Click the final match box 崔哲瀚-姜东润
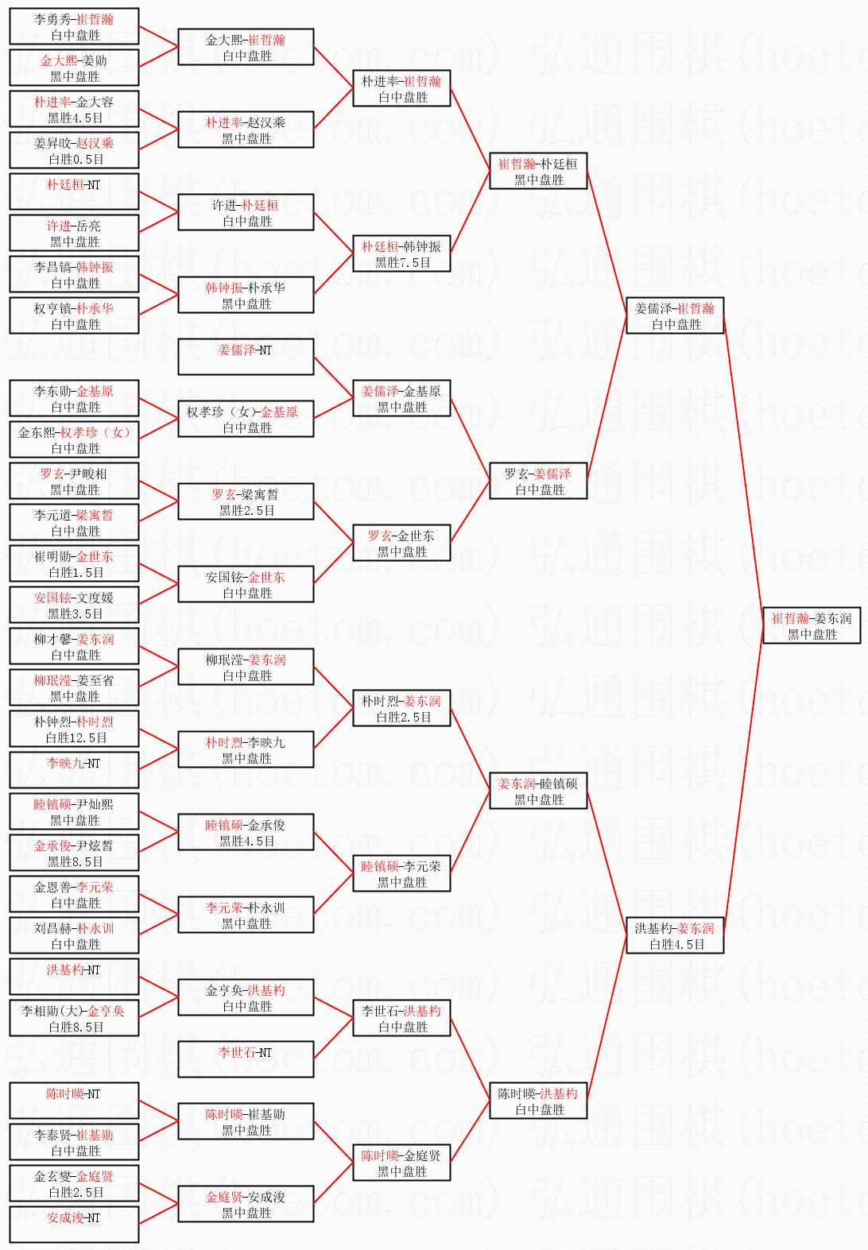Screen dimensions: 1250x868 tap(812, 625)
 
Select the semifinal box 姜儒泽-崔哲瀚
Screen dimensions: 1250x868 tap(675, 315)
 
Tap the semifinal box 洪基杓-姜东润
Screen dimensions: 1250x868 tap(675, 935)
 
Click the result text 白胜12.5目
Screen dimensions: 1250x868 tap(76, 738)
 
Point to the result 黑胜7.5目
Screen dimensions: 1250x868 tap(402, 263)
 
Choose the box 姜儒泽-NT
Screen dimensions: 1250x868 tap(246, 357)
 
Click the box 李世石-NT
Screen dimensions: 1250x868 tap(246, 1059)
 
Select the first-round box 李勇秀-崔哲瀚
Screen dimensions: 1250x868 tap(74, 26)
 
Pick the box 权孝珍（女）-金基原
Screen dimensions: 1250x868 tap(246, 419)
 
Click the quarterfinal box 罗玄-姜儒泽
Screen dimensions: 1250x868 tap(538, 481)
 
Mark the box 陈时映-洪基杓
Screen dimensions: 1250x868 tap(538, 1101)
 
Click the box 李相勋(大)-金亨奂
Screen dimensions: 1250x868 tap(74, 1018)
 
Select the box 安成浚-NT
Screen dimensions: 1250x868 tap(74, 1225)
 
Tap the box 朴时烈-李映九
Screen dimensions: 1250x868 tap(246, 749)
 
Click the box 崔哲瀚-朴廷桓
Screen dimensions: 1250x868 tap(538, 171)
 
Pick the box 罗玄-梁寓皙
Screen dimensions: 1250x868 tap(246, 501)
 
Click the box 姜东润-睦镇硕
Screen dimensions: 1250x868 tap(538, 791)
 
